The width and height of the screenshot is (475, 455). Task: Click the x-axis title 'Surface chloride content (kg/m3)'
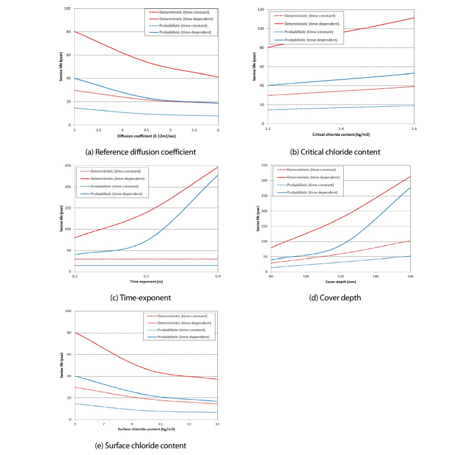(x=146, y=428)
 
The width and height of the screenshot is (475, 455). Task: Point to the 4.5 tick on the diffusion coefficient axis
(x=146, y=129)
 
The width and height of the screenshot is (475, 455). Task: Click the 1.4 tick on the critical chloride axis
(x=341, y=128)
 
